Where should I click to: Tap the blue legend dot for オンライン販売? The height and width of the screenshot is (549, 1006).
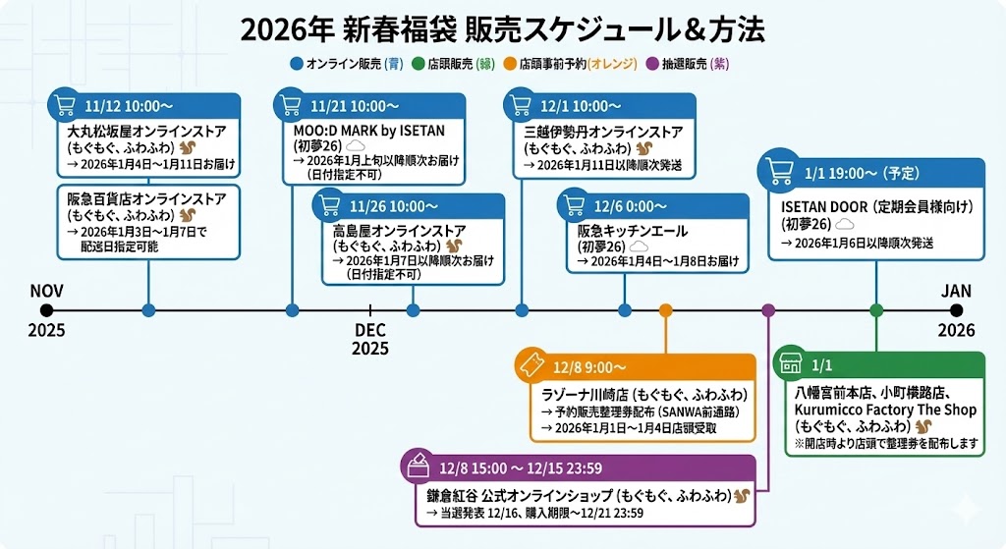297,64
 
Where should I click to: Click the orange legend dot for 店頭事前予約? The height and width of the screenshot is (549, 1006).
509,64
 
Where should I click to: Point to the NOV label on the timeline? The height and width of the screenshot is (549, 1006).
46,291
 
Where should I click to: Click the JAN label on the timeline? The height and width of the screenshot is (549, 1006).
956,291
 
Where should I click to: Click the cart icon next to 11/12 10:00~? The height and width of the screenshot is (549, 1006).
66,105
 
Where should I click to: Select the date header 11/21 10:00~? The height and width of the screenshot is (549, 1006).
354,105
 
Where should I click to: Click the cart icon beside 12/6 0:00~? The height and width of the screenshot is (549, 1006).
575,206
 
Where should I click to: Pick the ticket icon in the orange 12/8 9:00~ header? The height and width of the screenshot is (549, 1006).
532,367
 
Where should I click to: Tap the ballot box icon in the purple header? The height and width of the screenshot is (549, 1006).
418,467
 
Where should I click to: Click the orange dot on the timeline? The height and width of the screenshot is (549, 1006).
666,310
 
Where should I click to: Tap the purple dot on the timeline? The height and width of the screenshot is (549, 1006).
768,310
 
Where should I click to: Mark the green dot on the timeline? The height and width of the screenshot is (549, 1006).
876,310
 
